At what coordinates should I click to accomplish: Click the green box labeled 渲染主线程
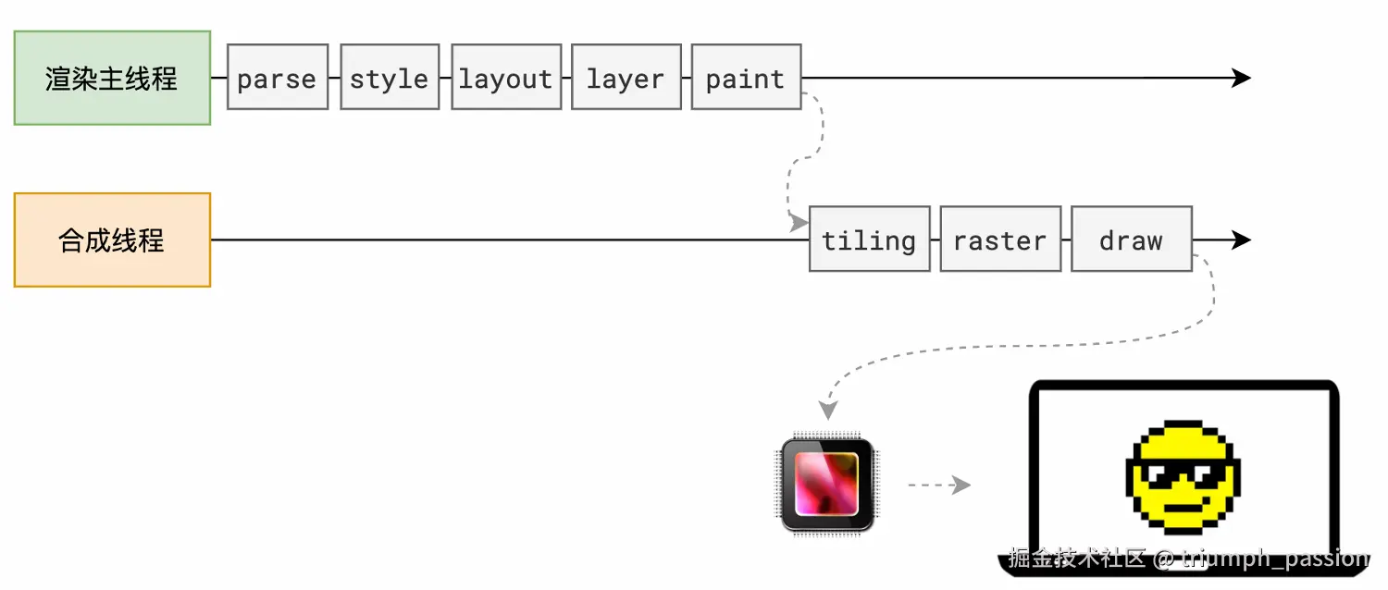coord(112,78)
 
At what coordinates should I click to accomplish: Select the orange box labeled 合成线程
coord(112,240)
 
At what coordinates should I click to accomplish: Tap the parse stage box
coord(278,78)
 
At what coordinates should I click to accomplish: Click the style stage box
coord(390,78)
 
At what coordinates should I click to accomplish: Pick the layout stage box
coord(506,78)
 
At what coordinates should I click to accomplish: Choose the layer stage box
coord(626,78)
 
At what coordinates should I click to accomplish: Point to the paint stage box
coord(746,78)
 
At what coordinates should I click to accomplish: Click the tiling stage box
coord(870,240)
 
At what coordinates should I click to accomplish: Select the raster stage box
coord(1000,240)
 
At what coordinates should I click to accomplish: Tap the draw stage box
coord(1132,240)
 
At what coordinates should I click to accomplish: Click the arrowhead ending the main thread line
coord(1241,78)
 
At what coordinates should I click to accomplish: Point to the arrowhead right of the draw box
coord(1241,240)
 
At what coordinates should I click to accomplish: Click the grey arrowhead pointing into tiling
coord(799,223)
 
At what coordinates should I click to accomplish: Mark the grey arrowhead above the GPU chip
coord(828,411)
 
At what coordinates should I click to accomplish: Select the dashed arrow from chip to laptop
coord(939,486)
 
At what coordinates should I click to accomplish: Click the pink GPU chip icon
coord(827,485)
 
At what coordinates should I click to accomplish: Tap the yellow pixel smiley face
coord(1183,477)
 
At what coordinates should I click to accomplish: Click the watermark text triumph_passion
coord(1274,559)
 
